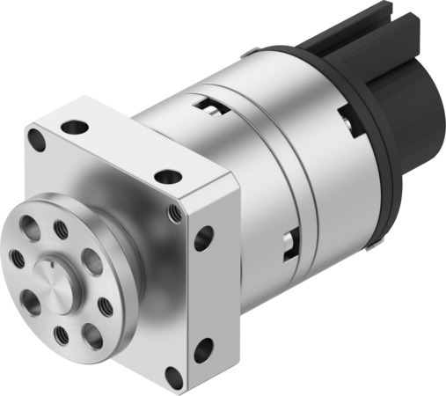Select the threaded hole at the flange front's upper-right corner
[x=176, y=212]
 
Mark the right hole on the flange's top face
[x=167, y=177]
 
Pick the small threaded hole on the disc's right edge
[x=104, y=305]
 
